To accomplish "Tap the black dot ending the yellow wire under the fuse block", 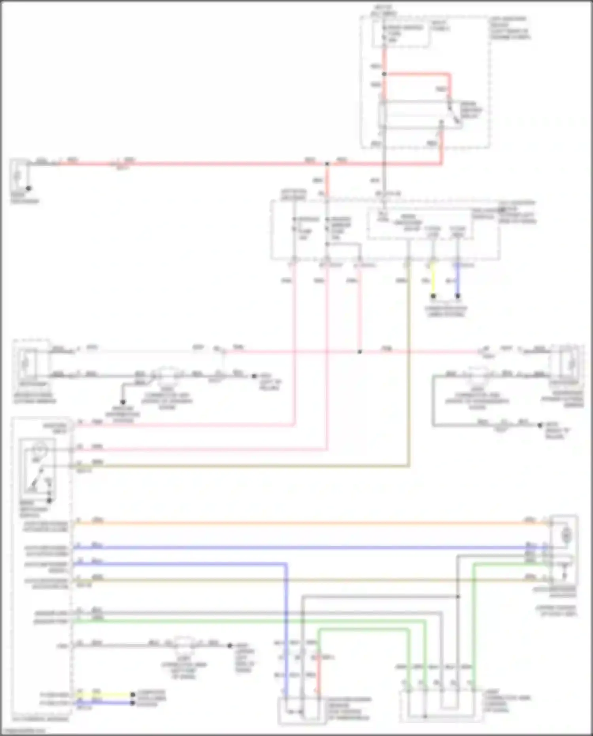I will click(433, 296).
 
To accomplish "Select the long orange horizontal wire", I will click(308, 523).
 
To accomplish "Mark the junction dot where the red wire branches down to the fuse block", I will click(327, 163).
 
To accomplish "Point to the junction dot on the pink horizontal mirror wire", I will click(359, 352).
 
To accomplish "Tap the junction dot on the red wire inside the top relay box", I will click(384, 74).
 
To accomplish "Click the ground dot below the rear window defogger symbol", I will click(28, 188).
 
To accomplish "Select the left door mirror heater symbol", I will click(25, 363).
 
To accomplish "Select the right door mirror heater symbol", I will click(570, 363).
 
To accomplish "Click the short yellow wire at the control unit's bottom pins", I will click(105, 694).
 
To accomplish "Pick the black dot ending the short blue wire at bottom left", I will click(133, 703).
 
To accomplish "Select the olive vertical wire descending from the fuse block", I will click(409, 356).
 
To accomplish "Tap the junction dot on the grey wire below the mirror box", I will click(458, 596).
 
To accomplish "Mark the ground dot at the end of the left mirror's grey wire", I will click(254, 376).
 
